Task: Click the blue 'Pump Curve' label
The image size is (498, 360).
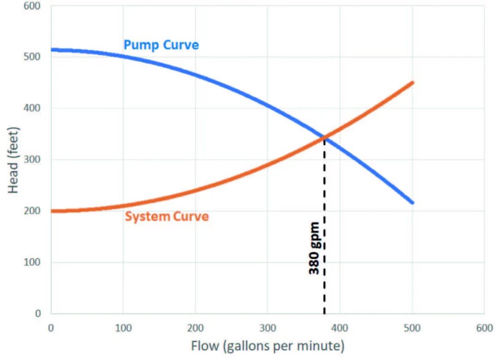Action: [161, 45]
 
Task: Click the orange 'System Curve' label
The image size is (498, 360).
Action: [167, 216]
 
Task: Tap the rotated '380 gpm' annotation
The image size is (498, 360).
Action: [314, 248]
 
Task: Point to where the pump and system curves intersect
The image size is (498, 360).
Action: [325, 137]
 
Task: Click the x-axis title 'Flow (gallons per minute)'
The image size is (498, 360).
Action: [267, 345]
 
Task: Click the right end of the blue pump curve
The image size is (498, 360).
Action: [412, 203]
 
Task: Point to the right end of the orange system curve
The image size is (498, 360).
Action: [412, 83]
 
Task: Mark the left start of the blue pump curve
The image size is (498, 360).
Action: [52, 50]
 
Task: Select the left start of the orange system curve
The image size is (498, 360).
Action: [52, 211]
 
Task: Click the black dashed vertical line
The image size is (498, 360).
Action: [325, 286]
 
